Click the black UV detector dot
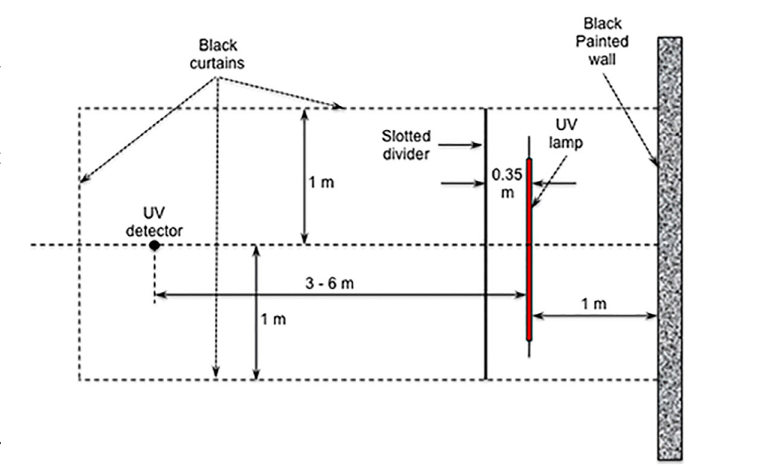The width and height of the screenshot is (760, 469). tap(154, 245)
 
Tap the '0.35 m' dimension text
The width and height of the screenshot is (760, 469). tap(502, 183)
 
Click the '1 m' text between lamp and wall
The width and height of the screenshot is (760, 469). tap(594, 303)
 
